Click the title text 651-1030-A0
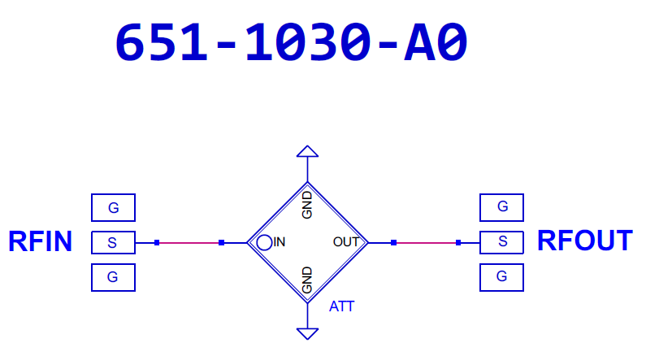pyautogui.click(x=291, y=42)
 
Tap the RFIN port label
pyautogui.click(x=40, y=241)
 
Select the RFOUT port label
pyautogui.click(x=584, y=241)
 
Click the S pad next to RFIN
pyautogui.click(x=113, y=242)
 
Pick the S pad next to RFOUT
pyautogui.click(x=502, y=241)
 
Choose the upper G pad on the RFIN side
pyautogui.click(x=113, y=208)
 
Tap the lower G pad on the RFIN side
pyautogui.click(x=113, y=277)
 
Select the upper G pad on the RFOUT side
pyautogui.click(x=502, y=207)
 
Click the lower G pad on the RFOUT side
pyautogui.click(x=502, y=276)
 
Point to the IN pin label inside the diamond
pyautogui.click(x=280, y=241)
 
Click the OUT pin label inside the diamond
pyautogui.click(x=346, y=241)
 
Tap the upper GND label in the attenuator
pyautogui.click(x=307, y=206)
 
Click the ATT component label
pyautogui.click(x=342, y=307)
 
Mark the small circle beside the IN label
pyautogui.click(x=264, y=241)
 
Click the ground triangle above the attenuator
pyautogui.click(x=307, y=151)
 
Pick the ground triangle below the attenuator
pyautogui.click(x=307, y=332)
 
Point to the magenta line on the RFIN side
pyautogui.click(x=189, y=242)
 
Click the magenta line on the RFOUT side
pyautogui.click(x=426, y=242)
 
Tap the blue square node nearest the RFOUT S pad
pyautogui.click(x=459, y=242)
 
